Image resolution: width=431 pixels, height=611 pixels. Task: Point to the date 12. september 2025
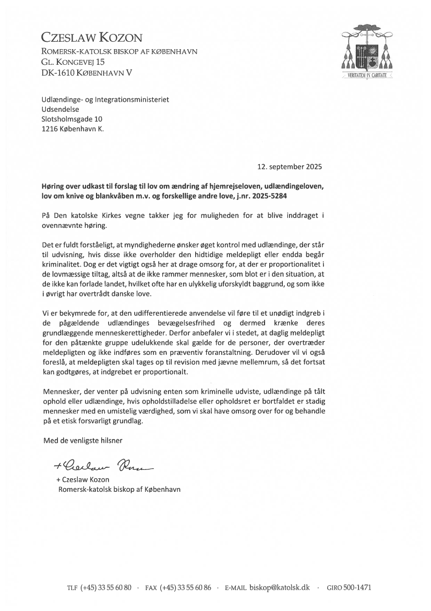pos(290,167)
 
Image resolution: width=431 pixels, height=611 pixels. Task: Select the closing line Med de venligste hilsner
pos(83,441)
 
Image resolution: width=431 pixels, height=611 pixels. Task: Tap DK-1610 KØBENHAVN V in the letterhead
pos(87,73)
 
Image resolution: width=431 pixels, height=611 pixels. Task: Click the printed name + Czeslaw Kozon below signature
pos(82,480)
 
